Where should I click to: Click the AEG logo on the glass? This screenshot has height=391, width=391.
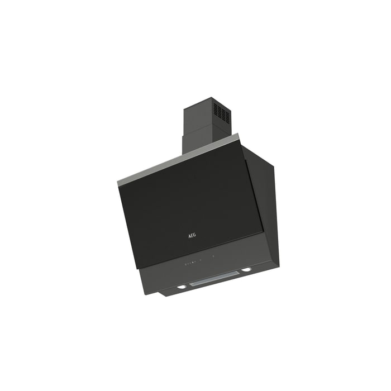click(x=192, y=235)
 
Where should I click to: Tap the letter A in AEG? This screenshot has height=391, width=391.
click(x=189, y=236)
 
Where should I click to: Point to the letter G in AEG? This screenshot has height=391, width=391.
click(x=194, y=235)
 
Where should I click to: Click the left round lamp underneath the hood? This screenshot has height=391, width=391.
click(x=182, y=287)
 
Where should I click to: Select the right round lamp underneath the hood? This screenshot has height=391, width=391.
click(x=246, y=270)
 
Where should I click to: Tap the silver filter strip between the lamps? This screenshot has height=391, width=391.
click(x=214, y=278)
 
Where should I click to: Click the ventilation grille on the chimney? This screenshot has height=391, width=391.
click(x=221, y=111)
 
